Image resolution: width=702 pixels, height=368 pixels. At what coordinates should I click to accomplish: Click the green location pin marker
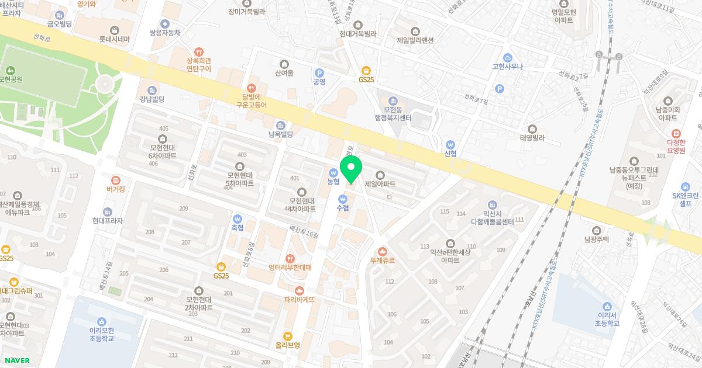(x=351, y=169)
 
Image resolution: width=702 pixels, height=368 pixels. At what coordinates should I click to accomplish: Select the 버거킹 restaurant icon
(x=115, y=180)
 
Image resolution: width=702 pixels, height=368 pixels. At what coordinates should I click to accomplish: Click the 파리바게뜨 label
(x=300, y=299)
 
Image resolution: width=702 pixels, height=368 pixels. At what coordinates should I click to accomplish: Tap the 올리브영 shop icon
(x=287, y=336)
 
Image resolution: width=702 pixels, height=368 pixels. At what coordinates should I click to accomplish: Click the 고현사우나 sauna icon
(x=508, y=58)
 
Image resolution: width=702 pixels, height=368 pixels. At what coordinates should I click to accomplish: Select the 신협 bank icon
(x=450, y=144)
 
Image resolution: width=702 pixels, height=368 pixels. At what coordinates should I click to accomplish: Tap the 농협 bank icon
(x=333, y=172)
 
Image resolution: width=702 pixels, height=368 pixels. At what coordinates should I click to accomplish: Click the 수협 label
(x=342, y=207)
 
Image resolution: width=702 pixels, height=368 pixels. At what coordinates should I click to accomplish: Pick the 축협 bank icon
(x=238, y=218)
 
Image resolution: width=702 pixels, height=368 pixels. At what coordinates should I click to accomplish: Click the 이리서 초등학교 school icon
(x=609, y=306)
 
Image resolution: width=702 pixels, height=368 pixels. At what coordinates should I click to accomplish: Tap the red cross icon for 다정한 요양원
(x=676, y=134)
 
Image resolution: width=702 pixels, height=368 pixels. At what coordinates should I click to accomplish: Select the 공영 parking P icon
(x=319, y=72)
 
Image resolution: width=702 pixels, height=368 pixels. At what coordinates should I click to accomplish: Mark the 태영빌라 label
(x=532, y=138)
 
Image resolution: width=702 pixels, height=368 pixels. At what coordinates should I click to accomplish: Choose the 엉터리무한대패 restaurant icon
(x=290, y=258)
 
